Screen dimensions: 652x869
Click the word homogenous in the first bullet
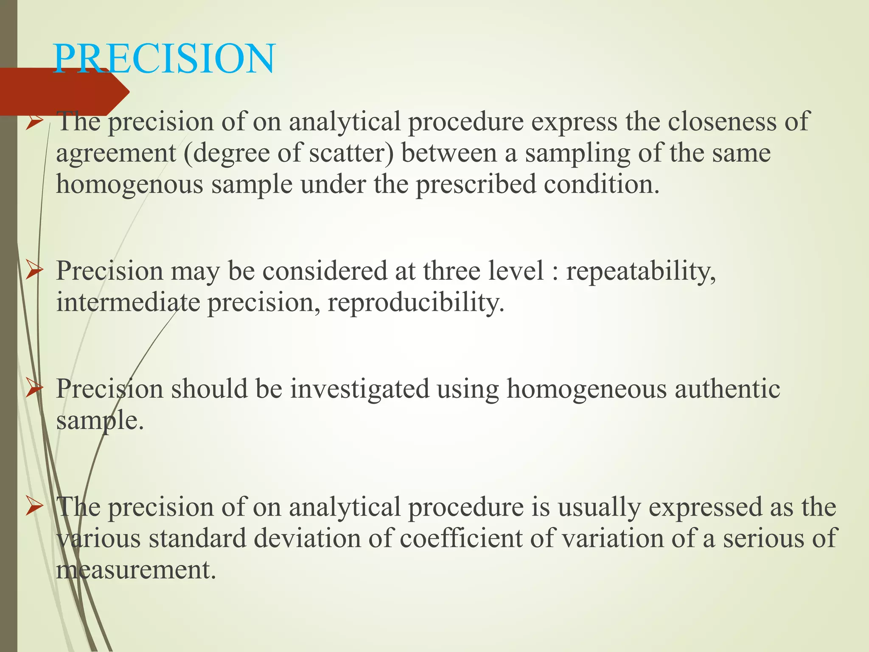129,185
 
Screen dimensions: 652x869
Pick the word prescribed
476,185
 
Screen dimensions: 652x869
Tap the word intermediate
128,303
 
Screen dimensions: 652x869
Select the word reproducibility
416,304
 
